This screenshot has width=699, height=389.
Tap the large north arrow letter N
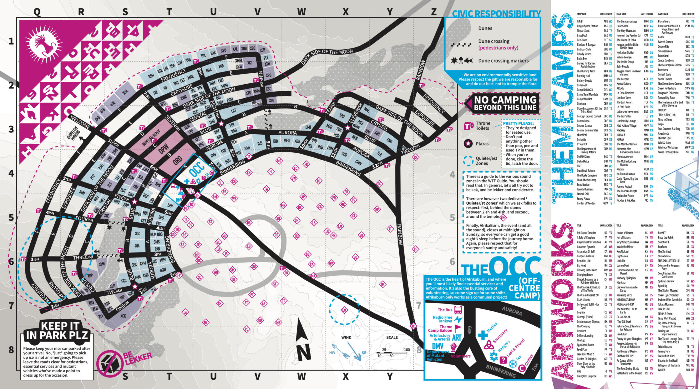(x=304, y=352)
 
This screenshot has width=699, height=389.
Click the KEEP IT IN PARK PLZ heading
(x=57, y=330)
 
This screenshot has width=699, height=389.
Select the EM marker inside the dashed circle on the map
(x=344, y=310)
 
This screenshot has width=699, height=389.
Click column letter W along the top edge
(x=301, y=12)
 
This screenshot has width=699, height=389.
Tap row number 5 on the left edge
(x=11, y=218)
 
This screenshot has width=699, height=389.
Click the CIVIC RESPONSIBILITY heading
(x=496, y=14)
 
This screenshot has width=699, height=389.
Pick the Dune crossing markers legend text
(x=503, y=61)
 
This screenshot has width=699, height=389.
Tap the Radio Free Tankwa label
(x=442, y=319)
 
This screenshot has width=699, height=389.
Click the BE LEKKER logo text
(x=138, y=358)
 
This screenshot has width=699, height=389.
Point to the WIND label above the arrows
(x=346, y=337)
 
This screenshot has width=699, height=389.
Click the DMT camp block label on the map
(x=308, y=127)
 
